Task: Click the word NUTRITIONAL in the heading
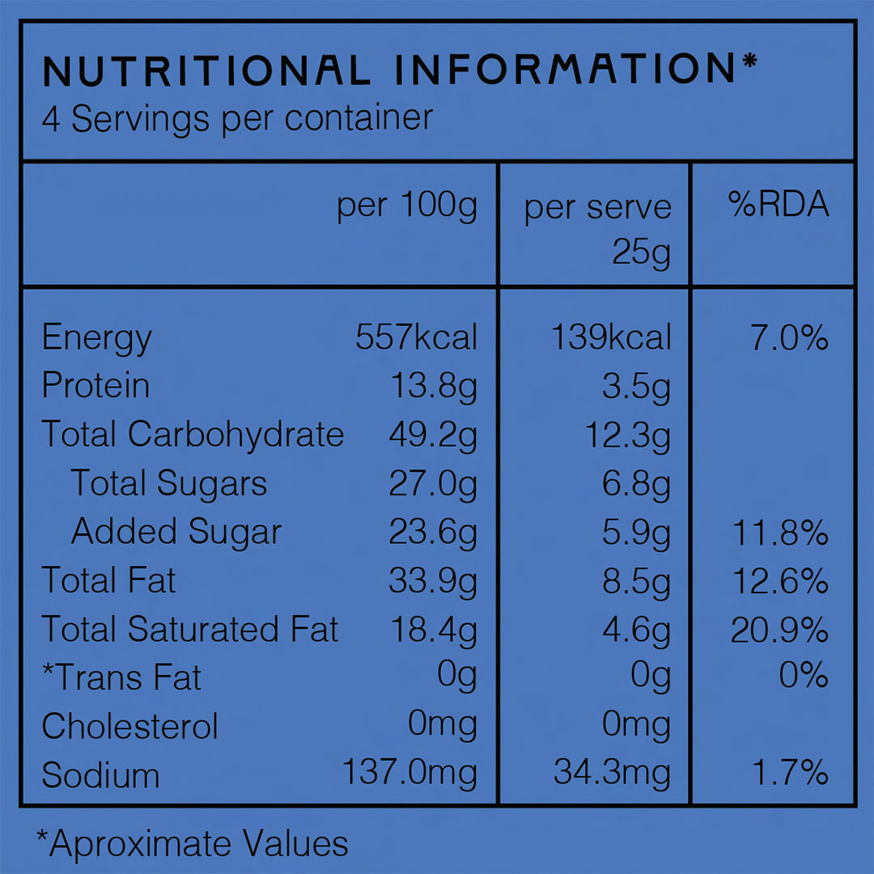(206, 70)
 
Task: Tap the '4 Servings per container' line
(237, 118)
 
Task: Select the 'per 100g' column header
(407, 206)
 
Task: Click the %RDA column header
(779, 205)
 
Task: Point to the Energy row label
(96, 337)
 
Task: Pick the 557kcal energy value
(416, 337)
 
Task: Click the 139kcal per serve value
(611, 337)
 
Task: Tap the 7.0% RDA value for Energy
(789, 337)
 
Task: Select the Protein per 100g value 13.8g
(433, 386)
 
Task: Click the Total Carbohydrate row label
(193, 435)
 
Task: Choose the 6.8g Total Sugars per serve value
(636, 483)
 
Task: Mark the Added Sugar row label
(176, 532)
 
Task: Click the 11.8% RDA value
(779, 533)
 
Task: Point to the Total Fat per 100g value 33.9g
(433, 580)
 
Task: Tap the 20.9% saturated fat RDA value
(779, 630)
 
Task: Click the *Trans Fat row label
(121, 677)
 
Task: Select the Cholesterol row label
(129, 726)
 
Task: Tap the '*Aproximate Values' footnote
(193, 843)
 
